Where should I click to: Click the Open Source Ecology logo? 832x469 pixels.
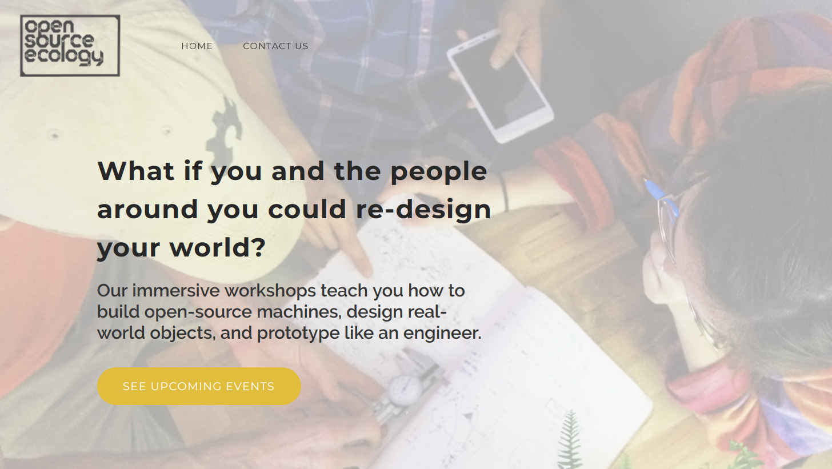[70, 45]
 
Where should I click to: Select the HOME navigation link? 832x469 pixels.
[197, 46]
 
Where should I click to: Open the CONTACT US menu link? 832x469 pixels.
[275, 46]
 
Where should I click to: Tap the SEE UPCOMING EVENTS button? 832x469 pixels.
[199, 386]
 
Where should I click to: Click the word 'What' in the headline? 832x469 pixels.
[136, 171]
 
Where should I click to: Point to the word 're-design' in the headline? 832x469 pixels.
[424, 210]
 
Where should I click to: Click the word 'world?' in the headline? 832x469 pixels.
[218, 248]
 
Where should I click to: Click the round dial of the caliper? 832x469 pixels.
[405, 390]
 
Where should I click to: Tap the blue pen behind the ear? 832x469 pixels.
[661, 197]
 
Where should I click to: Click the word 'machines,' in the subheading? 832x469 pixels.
[299, 311]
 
